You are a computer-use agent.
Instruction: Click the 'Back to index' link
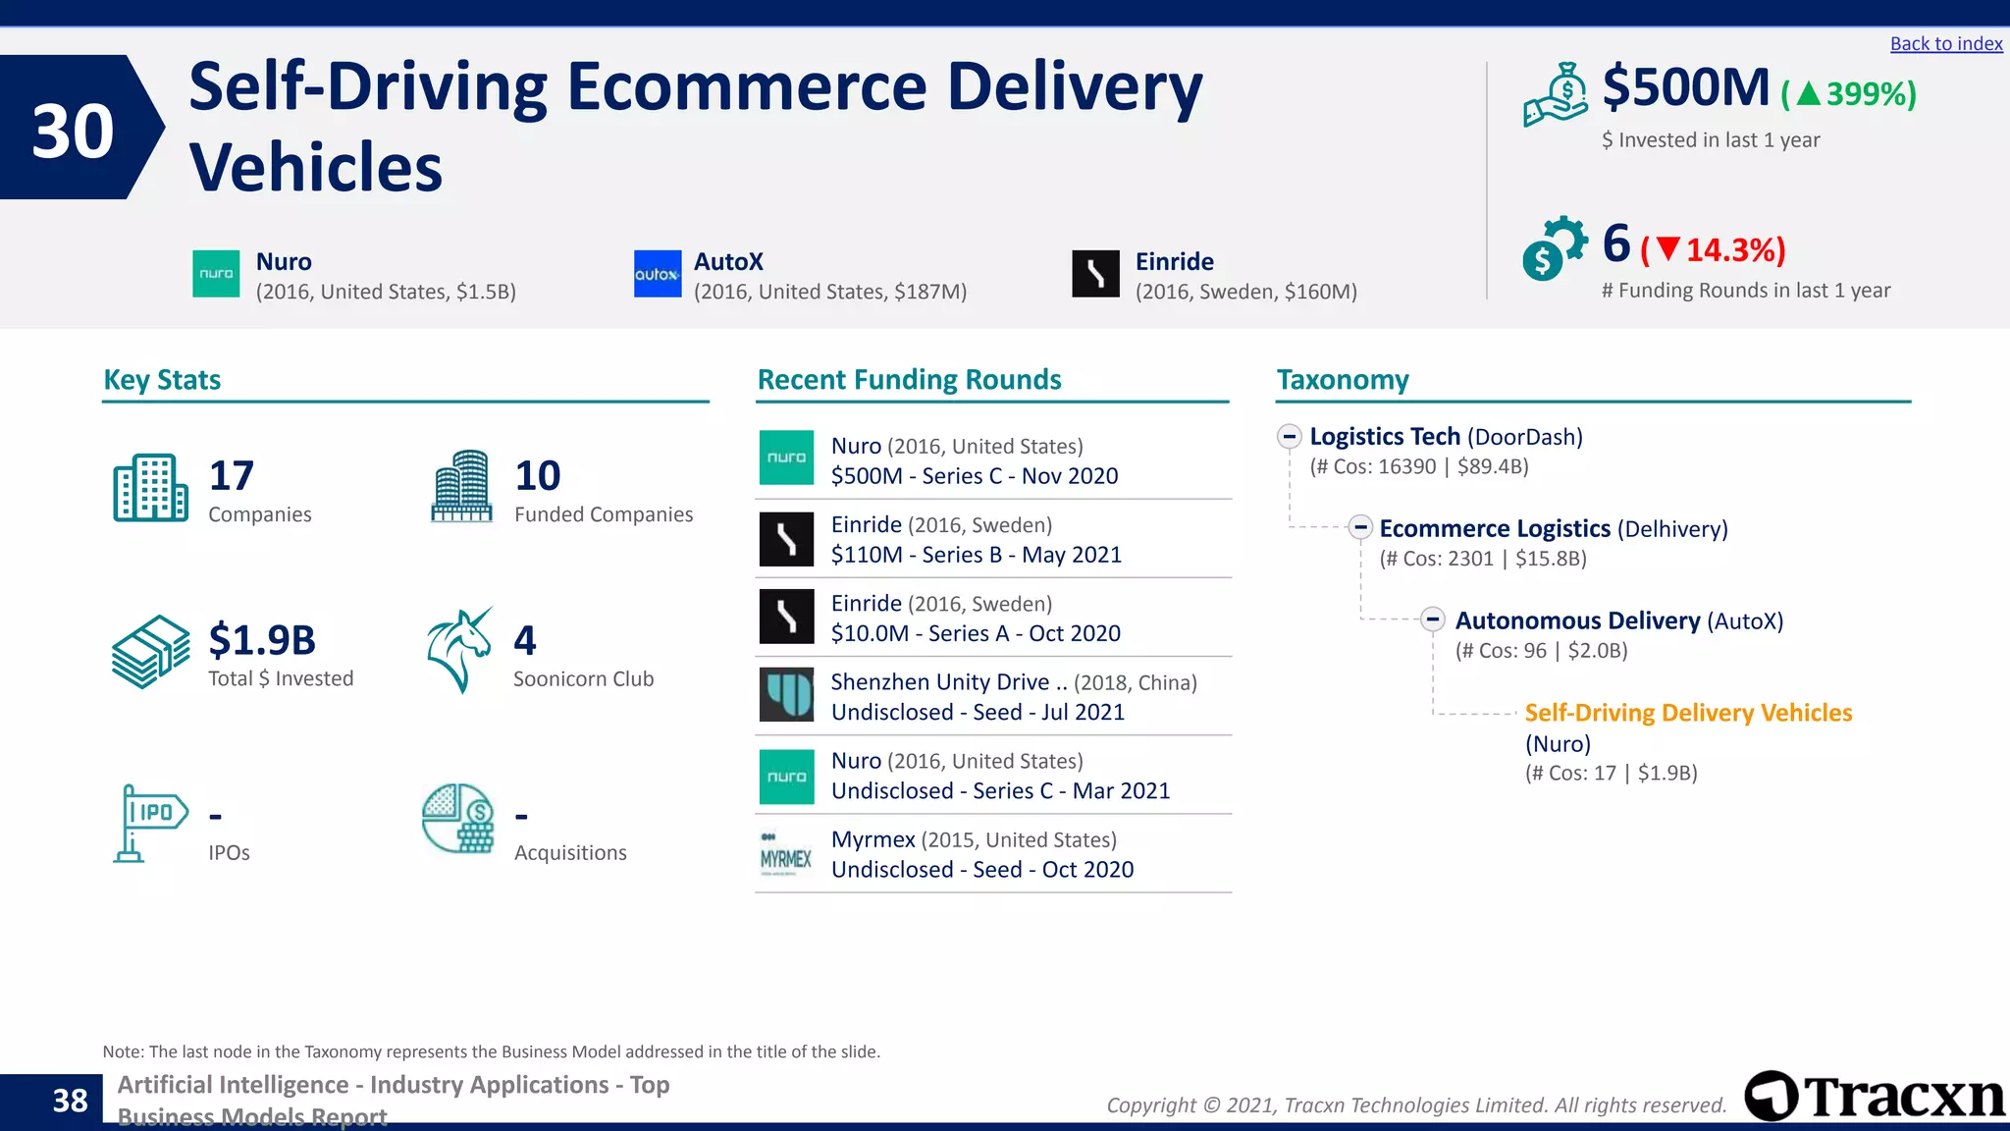[1945, 44]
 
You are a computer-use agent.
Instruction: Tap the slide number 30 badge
[74, 130]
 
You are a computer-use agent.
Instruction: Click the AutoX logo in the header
[658, 274]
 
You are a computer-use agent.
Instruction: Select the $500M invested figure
[1685, 88]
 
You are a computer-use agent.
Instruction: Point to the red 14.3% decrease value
[1733, 250]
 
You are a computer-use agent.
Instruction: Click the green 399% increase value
[1869, 94]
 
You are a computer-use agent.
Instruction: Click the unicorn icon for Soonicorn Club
[459, 650]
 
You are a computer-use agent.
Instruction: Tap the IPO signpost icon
[149, 823]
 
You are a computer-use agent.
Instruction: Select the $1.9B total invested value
[262, 640]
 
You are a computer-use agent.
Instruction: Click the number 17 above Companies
[232, 476]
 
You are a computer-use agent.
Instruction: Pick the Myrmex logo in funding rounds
[786, 854]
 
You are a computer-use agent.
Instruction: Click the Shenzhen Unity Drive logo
[786, 695]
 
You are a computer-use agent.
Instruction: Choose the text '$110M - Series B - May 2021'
[976, 555]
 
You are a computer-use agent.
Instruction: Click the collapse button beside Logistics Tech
[1290, 437]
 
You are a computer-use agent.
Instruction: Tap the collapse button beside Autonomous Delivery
[1433, 619]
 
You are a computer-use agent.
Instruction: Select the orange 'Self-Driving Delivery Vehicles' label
[1688, 713]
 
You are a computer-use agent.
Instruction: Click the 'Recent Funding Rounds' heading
[909, 380]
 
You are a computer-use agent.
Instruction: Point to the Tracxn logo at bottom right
[1875, 1097]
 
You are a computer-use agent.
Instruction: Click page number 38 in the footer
[70, 1101]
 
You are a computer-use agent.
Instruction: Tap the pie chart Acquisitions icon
[457, 819]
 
